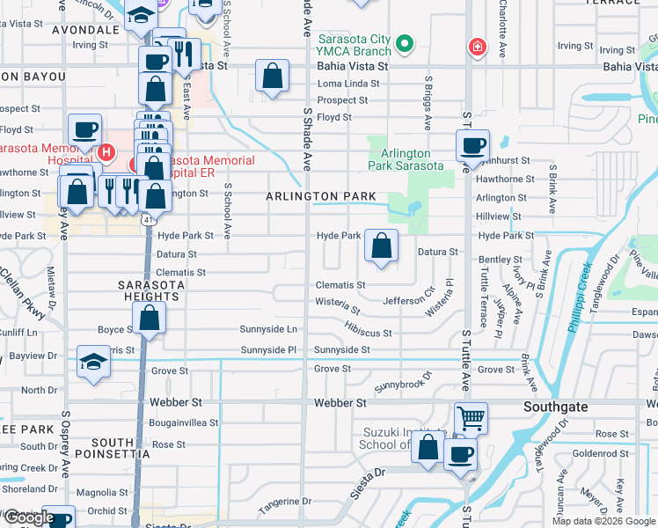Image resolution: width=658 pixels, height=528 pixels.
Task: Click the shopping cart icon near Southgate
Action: coord(472,418)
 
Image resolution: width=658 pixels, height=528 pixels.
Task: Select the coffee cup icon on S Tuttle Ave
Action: coord(472,146)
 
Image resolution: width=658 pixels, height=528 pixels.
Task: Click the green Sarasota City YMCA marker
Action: coord(404,42)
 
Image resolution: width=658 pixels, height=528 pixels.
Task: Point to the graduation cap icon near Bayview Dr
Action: coord(93,363)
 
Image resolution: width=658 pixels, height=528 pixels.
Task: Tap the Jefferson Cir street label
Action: coord(409,296)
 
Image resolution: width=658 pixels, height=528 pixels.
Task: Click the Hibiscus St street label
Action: coord(368,329)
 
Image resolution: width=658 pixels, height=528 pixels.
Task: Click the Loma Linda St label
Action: coord(347,84)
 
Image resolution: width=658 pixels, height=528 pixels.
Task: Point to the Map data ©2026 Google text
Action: coord(603,521)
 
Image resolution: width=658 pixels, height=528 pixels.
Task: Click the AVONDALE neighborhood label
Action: coord(85,29)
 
